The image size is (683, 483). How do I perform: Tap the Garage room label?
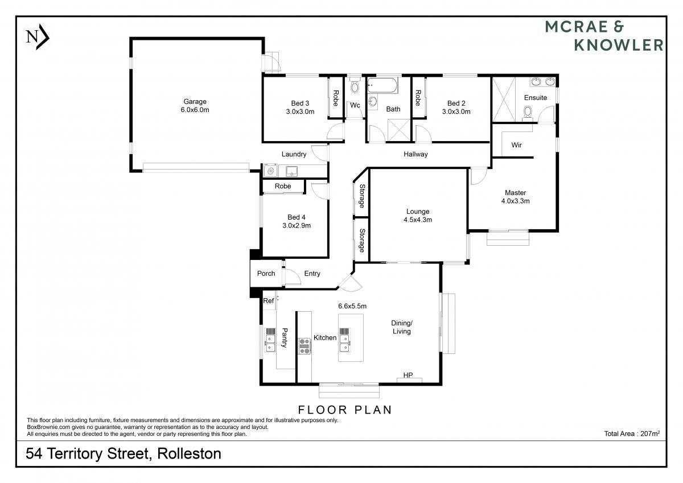coord(195,101)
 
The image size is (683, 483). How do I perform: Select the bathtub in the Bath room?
coord(382,85)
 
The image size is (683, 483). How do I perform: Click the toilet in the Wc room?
coord(355,86)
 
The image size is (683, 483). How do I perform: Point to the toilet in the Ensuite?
coord(527,113)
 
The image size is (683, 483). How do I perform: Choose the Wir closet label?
coord(517,145)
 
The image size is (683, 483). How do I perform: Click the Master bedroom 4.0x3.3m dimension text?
coord(515,201)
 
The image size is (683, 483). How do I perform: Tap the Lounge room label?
coord(418,212)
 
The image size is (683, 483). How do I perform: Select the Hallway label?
coord(415,154)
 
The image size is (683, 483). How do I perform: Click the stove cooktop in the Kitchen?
coord(305,346)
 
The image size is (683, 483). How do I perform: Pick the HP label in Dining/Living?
coord(408,375)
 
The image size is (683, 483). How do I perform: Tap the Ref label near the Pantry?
coord(268,301)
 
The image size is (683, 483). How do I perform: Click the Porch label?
coord(266,273)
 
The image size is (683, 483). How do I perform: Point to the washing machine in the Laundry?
coord(271,171)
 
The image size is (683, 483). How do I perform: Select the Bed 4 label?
coord(297,217)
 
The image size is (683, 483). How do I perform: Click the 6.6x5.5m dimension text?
coord(352,306)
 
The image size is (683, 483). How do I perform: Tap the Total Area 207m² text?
coord(632,434)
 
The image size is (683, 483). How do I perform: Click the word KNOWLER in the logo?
coord(619,45)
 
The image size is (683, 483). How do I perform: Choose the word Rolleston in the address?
coord(189,453)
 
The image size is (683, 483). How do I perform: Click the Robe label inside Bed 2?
coord(418,98)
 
